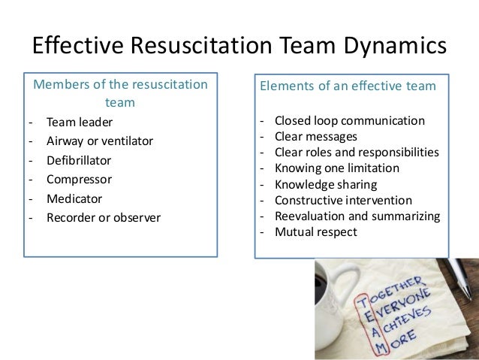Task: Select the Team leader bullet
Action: tap(77, 122)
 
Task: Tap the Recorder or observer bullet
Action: tap(103, 219)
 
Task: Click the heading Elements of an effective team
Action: tap(347, 86)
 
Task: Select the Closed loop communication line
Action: tap(349, 121)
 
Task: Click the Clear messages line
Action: tap(316, 137)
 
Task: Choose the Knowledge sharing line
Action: tap(326, 184)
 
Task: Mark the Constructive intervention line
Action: tap(343, 200)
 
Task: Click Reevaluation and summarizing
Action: tap(357, 216)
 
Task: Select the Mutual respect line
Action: tap(316, 231)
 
